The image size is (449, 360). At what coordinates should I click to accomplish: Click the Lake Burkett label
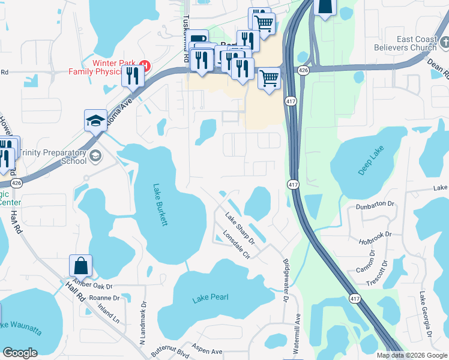(160, 205)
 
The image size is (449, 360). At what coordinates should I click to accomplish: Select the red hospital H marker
(144, 65)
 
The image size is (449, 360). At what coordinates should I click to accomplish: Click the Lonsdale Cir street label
(236, 245)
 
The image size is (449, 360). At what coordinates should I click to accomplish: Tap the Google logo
(20, 353)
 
